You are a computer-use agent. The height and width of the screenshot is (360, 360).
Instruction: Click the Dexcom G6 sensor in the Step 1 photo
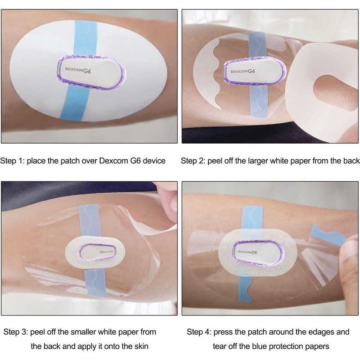click(91, 72)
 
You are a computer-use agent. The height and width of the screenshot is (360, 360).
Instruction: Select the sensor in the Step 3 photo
click(97, 252)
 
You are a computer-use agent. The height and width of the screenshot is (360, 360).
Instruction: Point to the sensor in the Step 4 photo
click(258, 252)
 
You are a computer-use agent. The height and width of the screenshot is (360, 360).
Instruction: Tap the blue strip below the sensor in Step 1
click(75, 103)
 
